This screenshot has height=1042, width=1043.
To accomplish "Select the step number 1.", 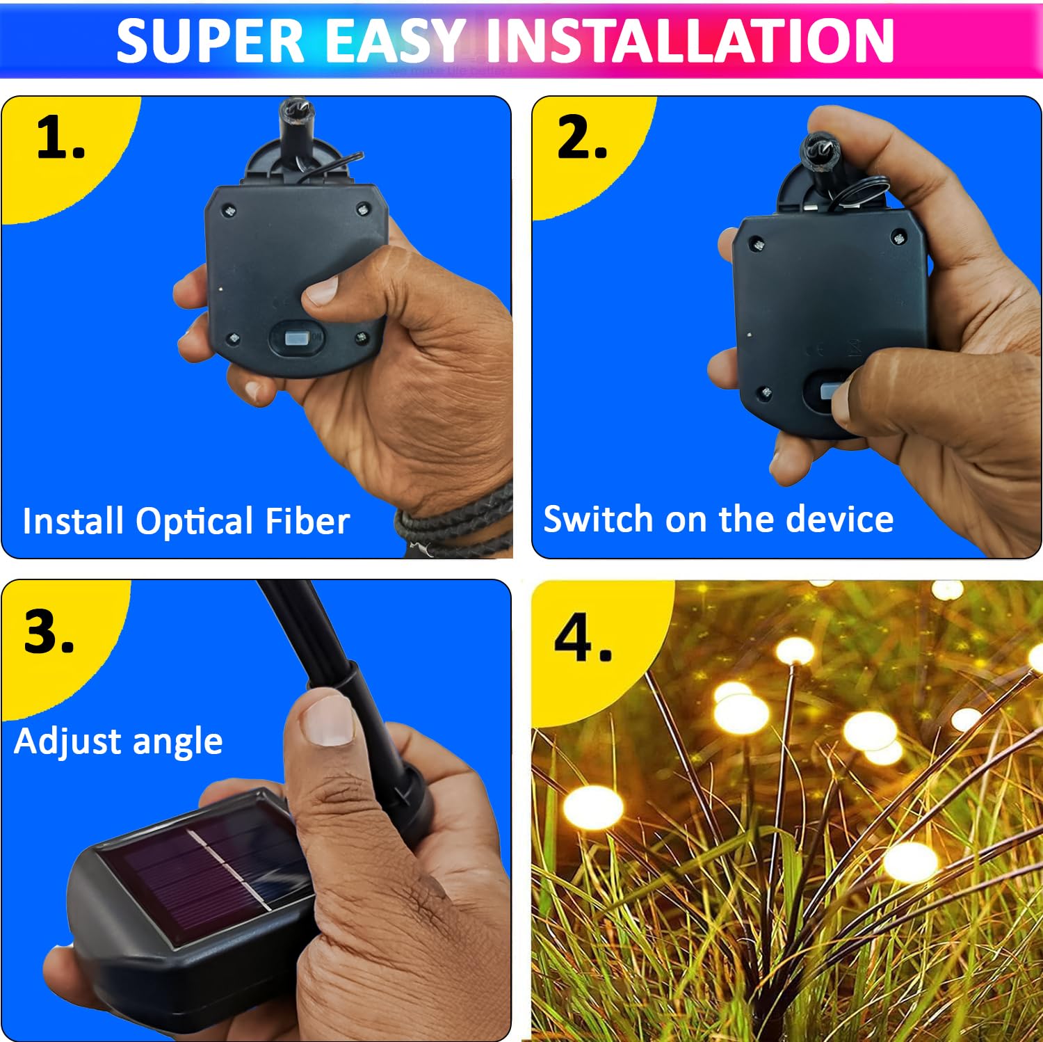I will pyautogui.click(x=60, y=138).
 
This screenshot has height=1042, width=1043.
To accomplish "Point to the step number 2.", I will pyautogui.click(x=581, y=138).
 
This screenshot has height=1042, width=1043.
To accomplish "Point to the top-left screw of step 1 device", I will pyautogui.click(x=229, y=210).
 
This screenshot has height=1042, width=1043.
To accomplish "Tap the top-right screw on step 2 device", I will pyautogui.click(x=898, y=237).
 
